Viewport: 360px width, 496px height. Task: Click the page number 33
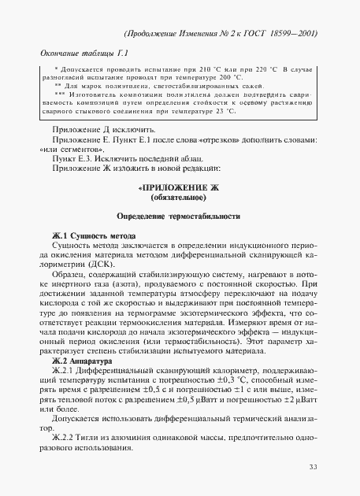point(313,468)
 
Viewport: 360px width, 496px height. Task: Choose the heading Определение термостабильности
point(178,217)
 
